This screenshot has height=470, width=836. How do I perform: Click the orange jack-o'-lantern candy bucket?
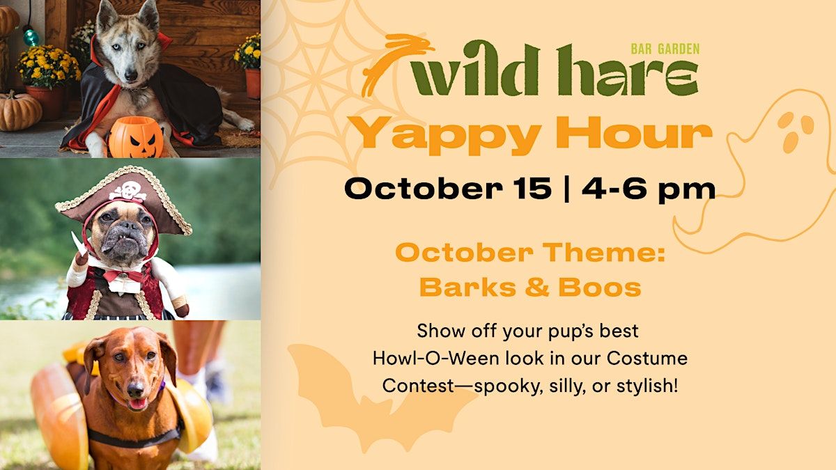136,137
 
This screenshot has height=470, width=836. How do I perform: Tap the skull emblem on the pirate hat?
127,191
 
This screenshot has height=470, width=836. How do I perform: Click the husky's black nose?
131,75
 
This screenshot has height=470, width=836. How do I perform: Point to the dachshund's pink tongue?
137,405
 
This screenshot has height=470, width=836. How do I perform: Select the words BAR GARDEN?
665,49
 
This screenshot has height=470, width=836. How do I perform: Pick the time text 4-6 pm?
649,189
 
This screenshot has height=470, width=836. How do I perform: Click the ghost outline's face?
795,132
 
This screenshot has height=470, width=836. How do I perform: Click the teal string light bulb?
31,37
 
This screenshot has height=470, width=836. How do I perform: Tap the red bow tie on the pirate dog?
122,276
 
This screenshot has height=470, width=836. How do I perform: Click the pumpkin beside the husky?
20,111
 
